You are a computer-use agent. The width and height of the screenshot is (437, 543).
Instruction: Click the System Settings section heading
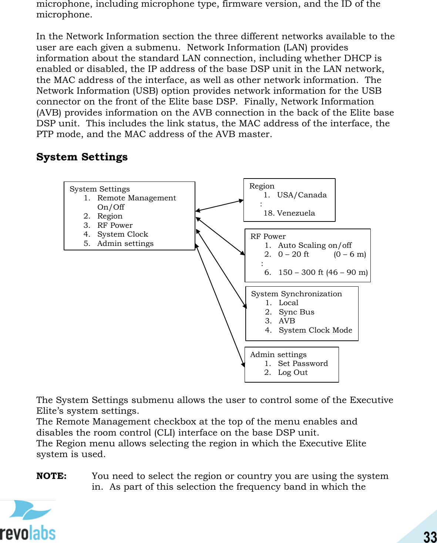pyautogui.click(x=82, y=157)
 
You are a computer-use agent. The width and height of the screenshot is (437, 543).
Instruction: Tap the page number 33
pyautogui.click(x=430, y=536)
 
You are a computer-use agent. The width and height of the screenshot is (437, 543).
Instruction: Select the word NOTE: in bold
pyautogui.click(x=51, y=476)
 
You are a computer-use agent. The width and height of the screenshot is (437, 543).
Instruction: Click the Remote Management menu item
pyautogui.click(x=136, y=198)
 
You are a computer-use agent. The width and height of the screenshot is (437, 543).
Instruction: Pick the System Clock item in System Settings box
pyautogui.click(x=122, y=234)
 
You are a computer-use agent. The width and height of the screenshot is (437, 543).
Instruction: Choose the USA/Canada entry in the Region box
pyautogui.click(x=302, y=195)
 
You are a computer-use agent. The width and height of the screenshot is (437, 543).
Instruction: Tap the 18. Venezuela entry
pyautogui.click(x=289, y=213)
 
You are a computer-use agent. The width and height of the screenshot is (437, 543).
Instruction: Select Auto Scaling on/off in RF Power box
pyautogui.click(x=315, y=246)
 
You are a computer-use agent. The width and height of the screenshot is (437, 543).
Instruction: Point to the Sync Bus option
pyautogui.click(x=296, y=312)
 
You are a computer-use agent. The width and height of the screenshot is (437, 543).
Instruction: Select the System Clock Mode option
pyautogui.click(x=315, y=330)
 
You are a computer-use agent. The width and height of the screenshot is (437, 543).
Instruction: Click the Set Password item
pyautogui.click(x=303, y=364)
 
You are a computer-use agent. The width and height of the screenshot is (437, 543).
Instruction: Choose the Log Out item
pyautogui.click(x=293, y=373)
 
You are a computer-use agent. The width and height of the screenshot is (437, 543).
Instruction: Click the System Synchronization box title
pyautogui.click(x=296, y=294)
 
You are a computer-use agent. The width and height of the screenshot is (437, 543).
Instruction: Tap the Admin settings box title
pyautogui.click(x=278, y=355)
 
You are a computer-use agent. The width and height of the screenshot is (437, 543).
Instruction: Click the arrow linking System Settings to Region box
pyautogui.click(x=219, y=206)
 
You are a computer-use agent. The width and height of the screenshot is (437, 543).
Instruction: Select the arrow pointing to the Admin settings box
pyautogui.click(x=220, y=305)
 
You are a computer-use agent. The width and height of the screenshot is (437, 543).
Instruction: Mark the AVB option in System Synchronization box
pyautogui.click(x=287, y=321)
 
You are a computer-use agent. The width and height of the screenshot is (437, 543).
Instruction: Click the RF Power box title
pyautogui.click(x=268, y=237)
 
